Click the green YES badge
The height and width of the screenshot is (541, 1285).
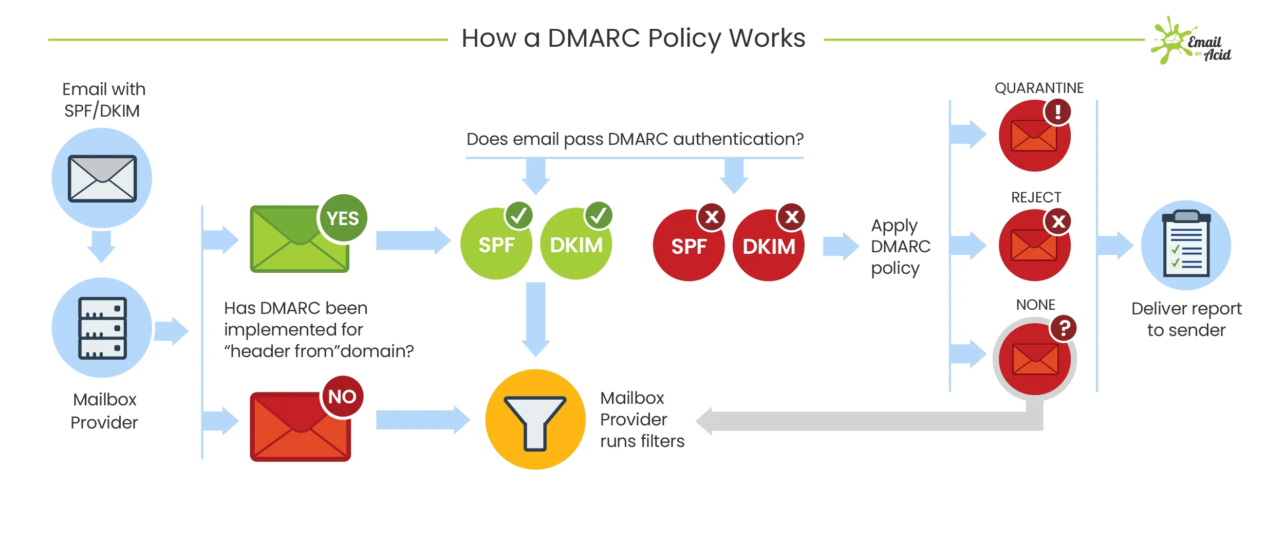(343, 218)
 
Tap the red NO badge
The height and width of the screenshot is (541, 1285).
(342, 397)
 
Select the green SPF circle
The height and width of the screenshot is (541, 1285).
(496, 245)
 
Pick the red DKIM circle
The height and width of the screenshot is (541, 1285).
(769, 246)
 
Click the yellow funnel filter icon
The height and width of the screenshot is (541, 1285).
(535, 419)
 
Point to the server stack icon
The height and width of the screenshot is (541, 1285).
(102, 328)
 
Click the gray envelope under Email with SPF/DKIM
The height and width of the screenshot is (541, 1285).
(102, 178)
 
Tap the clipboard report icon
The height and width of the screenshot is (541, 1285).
(1186, 246)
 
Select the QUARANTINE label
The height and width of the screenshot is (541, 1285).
(1039, 88)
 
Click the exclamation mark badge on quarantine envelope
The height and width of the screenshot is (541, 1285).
(1057, 112)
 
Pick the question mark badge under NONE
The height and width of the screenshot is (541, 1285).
(1064, 328)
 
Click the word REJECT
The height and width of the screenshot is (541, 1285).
(1036, 197)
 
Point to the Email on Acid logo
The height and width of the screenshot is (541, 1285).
(1192, 41)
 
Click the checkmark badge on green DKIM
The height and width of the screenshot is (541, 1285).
(598, 215)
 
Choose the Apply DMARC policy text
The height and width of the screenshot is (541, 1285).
(900, 247)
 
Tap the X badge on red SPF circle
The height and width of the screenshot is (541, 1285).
(711, 217)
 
